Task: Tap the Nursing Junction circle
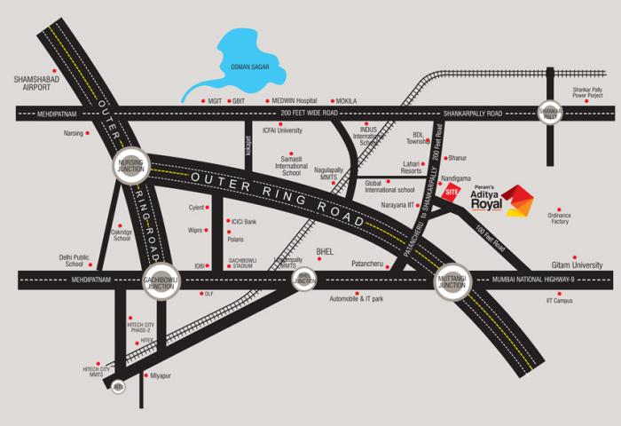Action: pos(131,167)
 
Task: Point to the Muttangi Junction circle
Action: pos(451,281)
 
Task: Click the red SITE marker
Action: pos(452,193)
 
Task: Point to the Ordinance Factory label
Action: pos(559,217)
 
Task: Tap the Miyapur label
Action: pos(162,376)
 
